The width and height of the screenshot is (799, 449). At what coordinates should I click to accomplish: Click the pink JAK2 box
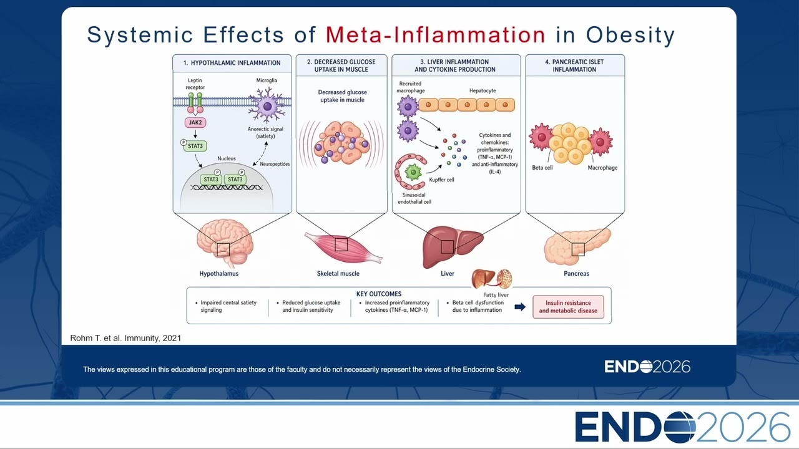[x=195, y=123]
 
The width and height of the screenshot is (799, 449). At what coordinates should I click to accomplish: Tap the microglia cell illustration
[x=267, y=106]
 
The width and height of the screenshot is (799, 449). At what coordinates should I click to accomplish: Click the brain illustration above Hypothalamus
[x=225, y=242]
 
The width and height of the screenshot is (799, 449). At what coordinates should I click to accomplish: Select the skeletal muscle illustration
[x=343, y=247]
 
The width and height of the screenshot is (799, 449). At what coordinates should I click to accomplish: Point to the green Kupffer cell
[x=413, y=172]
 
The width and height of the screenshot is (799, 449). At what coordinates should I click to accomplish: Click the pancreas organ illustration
[x=577, y=246]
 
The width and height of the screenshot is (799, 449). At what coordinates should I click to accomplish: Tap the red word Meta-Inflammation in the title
[x=436, y=34]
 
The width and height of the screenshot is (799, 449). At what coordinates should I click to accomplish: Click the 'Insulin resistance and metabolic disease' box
[x=568, y=307]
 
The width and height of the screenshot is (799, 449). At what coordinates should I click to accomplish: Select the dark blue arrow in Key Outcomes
[x=520, y=307]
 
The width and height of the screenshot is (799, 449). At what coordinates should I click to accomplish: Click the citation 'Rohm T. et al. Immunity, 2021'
[x=125, y=338]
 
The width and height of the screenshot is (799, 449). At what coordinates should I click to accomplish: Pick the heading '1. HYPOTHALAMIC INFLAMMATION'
[x=232, y=63]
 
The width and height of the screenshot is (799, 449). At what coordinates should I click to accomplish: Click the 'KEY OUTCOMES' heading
[x=379, y=294]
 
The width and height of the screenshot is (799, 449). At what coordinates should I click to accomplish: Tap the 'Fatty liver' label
[x=496, y=295]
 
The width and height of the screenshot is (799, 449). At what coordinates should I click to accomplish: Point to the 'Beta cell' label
[x=542, y=168]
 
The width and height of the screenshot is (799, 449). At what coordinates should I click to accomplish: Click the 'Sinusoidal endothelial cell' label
[x=414, y=198]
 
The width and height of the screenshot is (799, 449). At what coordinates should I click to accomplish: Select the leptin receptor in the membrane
[x=195, y=103]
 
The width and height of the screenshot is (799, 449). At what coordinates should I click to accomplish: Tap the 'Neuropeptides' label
[x=275, y=164]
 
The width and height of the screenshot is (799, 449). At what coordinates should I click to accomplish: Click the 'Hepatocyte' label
[x=483, y=91]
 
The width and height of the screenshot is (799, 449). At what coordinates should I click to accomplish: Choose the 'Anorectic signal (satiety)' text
[x=265, y=133]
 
